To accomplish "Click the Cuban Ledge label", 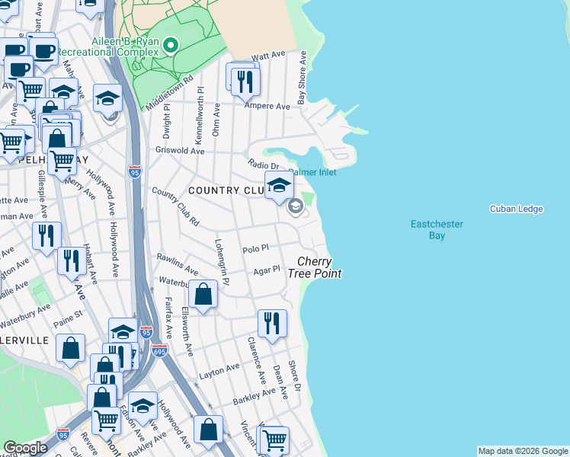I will coord(516,209).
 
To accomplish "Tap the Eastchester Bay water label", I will coord(437,230).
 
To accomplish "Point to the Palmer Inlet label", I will coord(312,172).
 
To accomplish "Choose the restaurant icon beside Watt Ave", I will coord(245,81).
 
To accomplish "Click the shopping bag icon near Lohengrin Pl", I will coord(203,294).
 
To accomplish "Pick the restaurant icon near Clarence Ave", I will coord(272,323).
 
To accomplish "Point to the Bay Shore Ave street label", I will coord(303,78).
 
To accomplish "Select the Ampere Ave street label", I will coord(267,107).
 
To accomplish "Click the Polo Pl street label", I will coord(255,249).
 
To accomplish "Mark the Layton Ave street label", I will coord(219,371).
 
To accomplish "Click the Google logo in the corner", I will coord(24,447).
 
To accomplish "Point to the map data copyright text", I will coord(522,451).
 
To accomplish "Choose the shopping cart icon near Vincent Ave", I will coord(274,439).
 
